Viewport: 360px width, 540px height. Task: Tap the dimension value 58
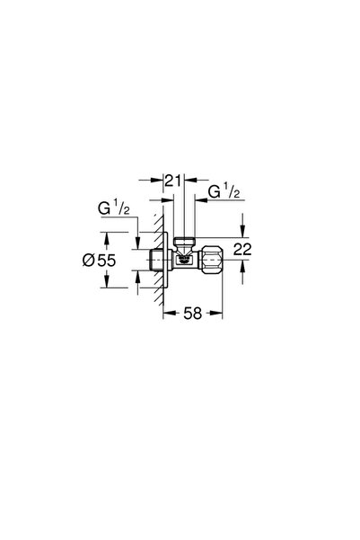tap(191, 314)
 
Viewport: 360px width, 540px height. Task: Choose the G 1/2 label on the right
tap(223, 191)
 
